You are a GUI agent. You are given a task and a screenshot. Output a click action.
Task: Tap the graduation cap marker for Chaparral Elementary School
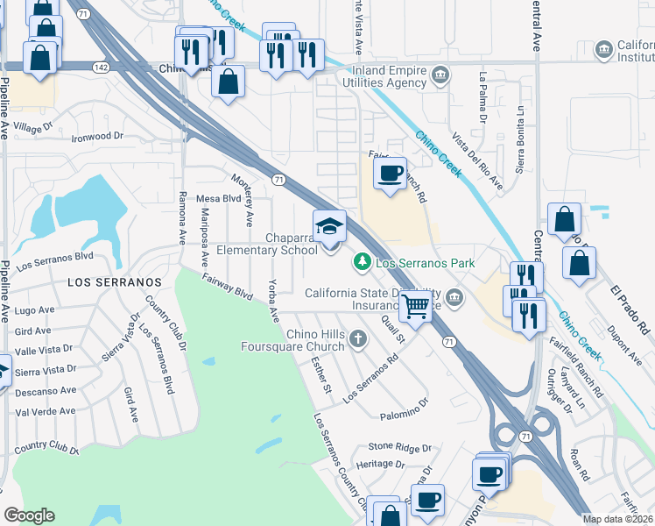tap(330, 228)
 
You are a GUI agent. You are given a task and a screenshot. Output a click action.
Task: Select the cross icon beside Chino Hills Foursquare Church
tap(356, 338)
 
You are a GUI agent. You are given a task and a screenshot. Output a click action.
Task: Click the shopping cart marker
tap(415, 307)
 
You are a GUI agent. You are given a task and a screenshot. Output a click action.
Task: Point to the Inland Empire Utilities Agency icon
tap(441, 72)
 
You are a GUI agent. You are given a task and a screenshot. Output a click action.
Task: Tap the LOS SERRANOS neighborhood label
tap(115, 282)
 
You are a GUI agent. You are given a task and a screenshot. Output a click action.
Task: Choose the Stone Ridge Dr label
tap(400, 446)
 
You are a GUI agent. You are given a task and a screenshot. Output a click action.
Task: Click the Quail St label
tap(393, 331)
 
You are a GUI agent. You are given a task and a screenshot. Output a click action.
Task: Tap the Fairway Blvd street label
tap(227, 287)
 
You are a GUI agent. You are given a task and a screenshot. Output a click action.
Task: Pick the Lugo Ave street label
tap(35, 310)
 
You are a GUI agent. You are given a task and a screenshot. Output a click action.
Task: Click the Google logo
tap(29, 515)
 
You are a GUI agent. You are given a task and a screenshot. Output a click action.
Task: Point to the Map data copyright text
tap(618, 519)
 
